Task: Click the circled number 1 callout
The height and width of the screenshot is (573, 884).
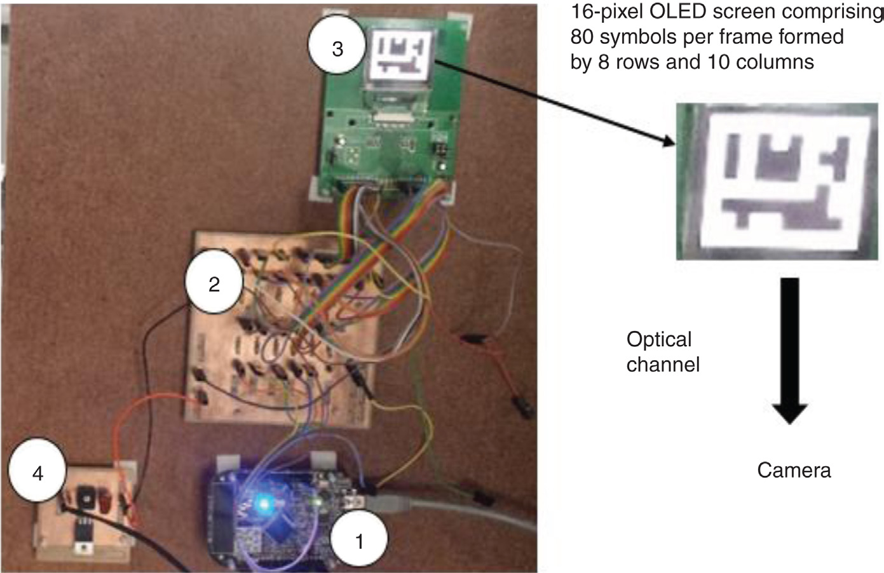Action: click(x=359, y=541)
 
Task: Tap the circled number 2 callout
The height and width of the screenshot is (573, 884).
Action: click(x=214, y=284)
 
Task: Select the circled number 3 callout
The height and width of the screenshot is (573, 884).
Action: click(x=337, y=48)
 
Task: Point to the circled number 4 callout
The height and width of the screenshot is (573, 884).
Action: click(x=37, y=473)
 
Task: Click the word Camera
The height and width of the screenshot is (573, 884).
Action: click(x=794, y=470)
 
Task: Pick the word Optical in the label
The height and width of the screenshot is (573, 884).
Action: click(x=658, y=339)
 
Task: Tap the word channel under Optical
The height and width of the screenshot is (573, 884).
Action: click(x=663, y=364)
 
